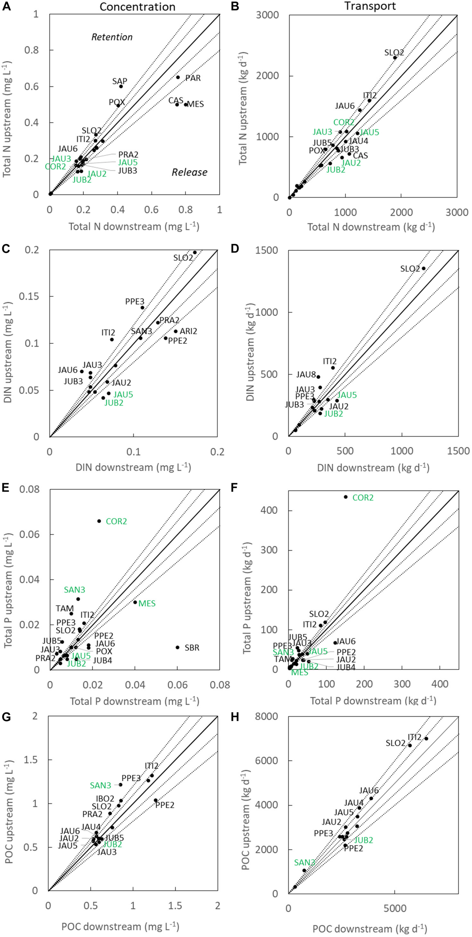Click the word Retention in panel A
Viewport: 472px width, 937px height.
pos(112,37)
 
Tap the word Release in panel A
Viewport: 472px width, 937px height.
pos(189,172)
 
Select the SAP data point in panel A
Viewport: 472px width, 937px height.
pos(121,87)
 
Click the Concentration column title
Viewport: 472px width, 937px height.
pos(137,7)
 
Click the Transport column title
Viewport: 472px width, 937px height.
pos(370,6)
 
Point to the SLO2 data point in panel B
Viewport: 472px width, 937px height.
pos(395,58)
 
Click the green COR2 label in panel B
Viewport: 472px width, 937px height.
pos(344,122)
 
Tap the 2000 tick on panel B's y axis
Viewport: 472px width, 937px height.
pos(267,76)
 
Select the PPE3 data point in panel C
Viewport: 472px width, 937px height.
pos(142,308)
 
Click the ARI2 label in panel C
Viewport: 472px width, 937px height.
pos(188,331)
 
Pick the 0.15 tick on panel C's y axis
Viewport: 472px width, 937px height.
pos(31,296)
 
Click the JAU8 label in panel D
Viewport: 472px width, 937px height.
pos(306,374)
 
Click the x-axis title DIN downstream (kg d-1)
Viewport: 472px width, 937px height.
pos(373,468)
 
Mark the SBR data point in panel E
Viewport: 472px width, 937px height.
pos(178,648)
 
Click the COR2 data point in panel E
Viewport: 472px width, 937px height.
pos(99,521)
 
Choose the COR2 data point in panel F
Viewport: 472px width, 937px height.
pos(346,497)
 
